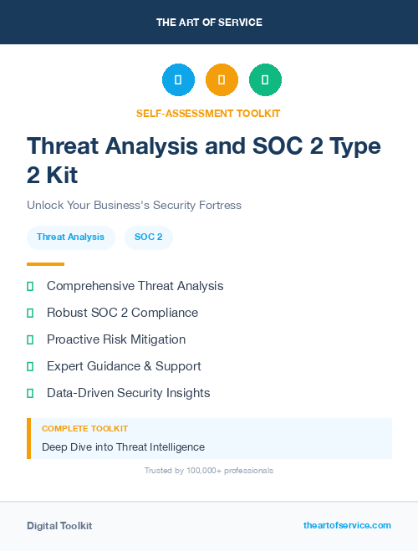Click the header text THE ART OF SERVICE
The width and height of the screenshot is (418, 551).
tap(209, 23)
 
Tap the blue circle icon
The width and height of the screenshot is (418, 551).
tap(178, 80)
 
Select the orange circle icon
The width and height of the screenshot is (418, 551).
tap(222, 80)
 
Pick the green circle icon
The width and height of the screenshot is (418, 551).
tap(265, 80)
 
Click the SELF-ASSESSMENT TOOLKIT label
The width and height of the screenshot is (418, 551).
tap(209, 113)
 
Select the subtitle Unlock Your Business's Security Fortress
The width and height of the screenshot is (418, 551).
tap(134, 205)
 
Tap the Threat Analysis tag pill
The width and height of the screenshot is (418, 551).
tap(70, 237)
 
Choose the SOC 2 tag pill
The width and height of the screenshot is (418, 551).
tap(149, 237)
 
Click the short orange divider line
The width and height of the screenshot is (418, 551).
tap(46, 264)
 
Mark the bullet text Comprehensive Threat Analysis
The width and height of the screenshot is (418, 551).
tap(135, 286)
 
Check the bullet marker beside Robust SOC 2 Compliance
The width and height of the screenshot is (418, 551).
tap(30, 313)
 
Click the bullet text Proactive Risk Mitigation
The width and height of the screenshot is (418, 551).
tap(116, 339)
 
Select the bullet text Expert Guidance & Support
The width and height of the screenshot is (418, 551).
tap(124, 366)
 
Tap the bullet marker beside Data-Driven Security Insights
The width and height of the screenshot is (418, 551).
tap(30, 393)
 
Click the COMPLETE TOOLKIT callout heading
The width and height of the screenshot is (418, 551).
tap(84, 429)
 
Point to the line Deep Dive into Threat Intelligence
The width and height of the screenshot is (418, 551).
tap(123, 447)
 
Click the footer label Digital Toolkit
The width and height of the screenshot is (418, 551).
tap(59, 526)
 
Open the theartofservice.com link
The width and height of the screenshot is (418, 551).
tap(347, 525)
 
